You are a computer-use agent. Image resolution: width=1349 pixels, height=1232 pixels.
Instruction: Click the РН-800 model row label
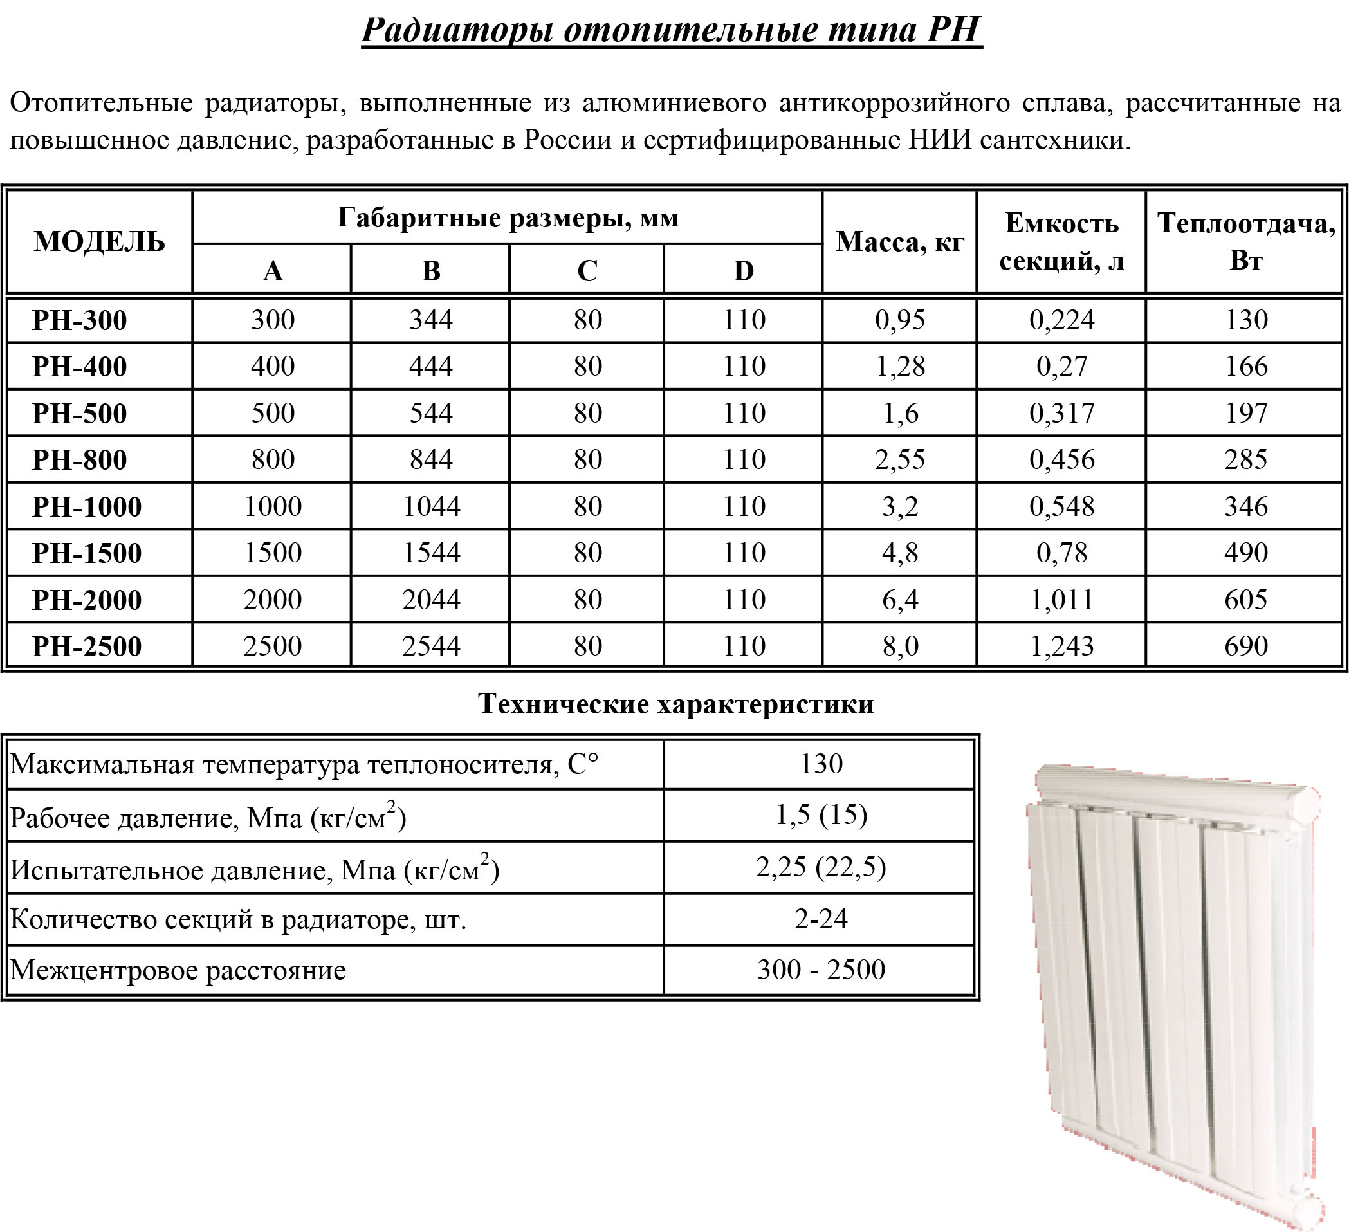point(80,460)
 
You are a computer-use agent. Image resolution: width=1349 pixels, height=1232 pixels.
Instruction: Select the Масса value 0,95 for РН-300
point(900,320)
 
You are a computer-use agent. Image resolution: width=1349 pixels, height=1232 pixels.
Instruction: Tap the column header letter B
point(431,270)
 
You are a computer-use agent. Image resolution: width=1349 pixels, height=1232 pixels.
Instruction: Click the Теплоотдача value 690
point(1246,646)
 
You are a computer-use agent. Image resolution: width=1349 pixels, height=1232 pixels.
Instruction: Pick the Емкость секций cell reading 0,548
point(1062,506)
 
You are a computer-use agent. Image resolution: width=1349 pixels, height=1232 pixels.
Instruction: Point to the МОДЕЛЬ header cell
point(99,242)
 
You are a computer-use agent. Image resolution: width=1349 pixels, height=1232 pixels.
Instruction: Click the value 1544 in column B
point(431,553)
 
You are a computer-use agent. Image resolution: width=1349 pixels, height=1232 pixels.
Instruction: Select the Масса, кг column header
point(900,242)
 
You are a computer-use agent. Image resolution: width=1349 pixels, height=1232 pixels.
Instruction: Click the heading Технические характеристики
point(676,703)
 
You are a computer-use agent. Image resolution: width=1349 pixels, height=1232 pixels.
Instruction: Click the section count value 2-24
point(821,919)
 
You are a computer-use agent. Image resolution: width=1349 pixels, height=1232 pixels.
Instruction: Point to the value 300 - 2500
point(821,969)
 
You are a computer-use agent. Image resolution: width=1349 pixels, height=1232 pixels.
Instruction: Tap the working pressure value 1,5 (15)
point(821,814)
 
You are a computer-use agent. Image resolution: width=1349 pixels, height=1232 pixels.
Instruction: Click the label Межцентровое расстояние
point(178,970)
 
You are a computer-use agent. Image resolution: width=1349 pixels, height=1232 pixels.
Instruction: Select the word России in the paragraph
point(567,140)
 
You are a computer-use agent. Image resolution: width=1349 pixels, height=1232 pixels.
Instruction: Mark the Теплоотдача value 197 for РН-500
point(1246,413)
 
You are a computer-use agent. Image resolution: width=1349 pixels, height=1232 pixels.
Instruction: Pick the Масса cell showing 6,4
point(900,600)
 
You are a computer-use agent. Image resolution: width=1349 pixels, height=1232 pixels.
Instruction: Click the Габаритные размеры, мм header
point(508,217)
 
